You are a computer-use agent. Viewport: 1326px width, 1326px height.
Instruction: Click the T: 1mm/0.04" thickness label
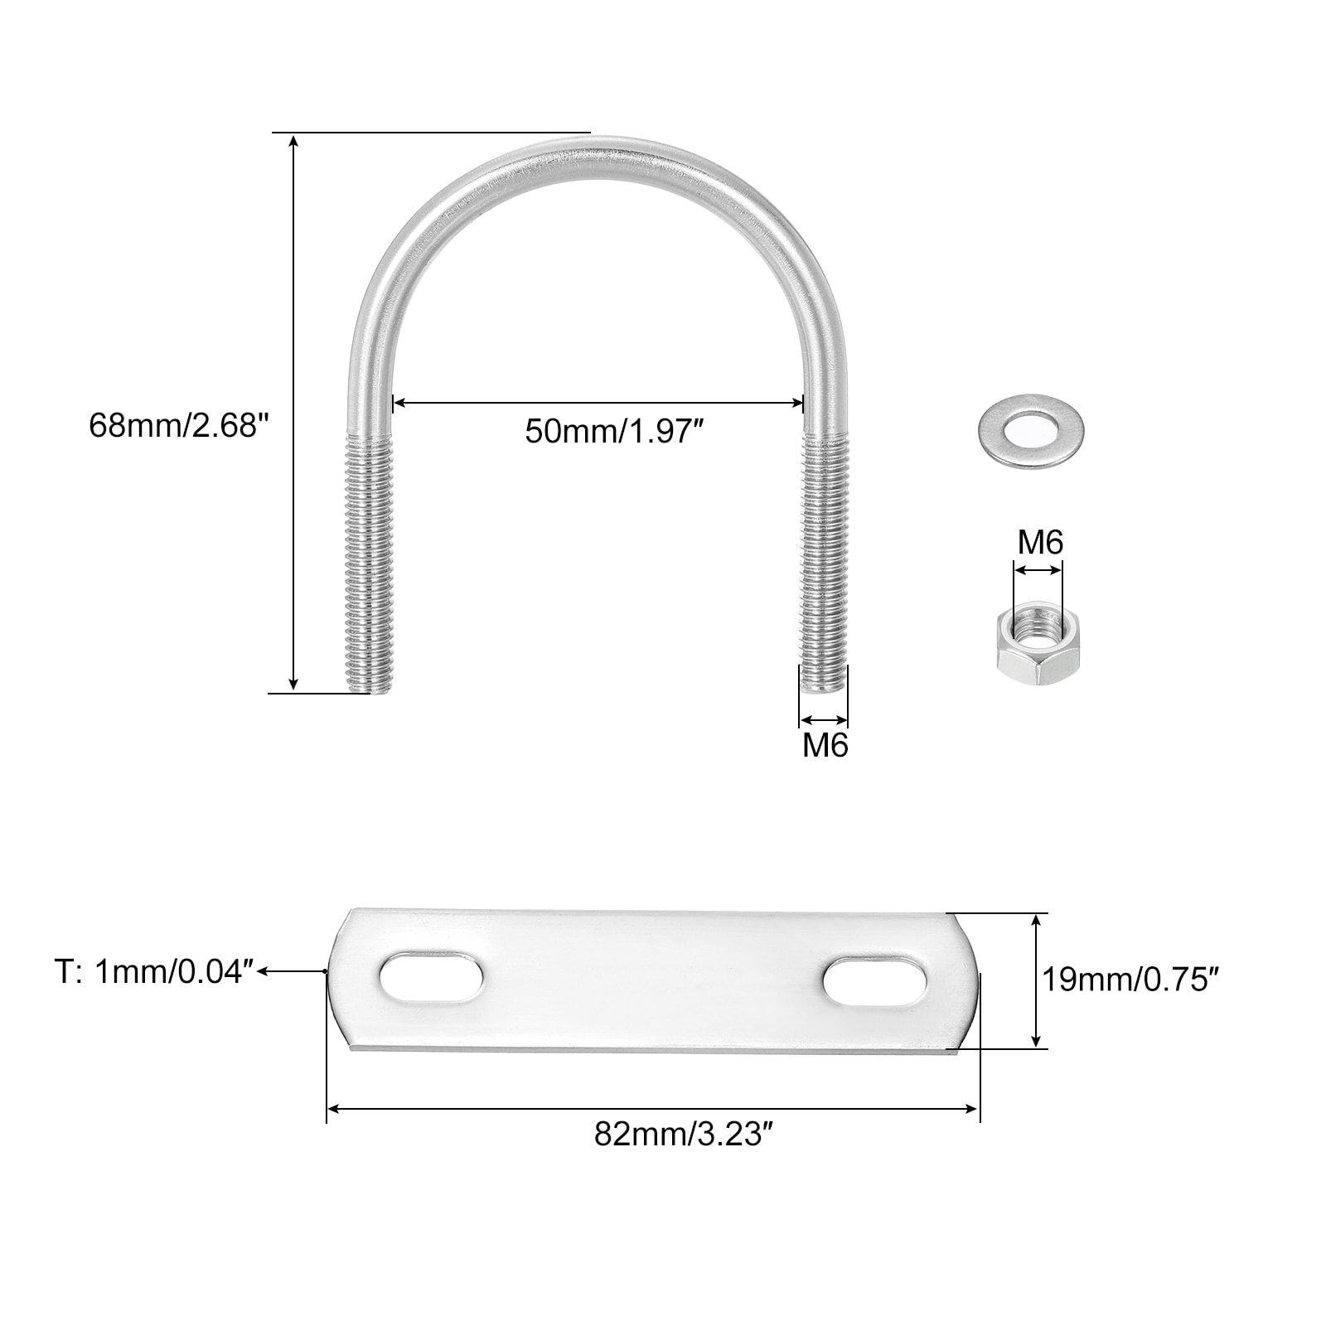click(x=154, y=972)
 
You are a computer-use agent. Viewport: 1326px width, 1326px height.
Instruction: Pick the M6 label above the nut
click(x=1040, y=543)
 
